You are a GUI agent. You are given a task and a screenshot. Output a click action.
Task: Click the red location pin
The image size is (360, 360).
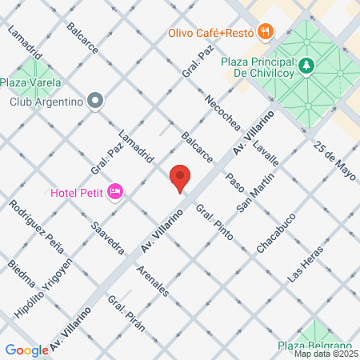180,178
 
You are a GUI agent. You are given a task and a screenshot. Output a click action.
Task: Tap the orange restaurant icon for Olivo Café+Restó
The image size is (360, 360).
267,32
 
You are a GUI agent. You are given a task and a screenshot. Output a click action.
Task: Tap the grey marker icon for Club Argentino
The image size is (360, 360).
96,101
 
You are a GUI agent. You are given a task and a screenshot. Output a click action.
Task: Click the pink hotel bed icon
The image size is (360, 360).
115,191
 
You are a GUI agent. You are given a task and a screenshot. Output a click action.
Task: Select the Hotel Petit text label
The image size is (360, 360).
78,192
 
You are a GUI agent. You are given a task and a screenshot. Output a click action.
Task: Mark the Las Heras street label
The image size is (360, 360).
308,262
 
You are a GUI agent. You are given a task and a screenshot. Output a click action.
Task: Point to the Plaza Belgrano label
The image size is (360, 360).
310,345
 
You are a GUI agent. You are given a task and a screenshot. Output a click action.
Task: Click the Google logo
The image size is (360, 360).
26,350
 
